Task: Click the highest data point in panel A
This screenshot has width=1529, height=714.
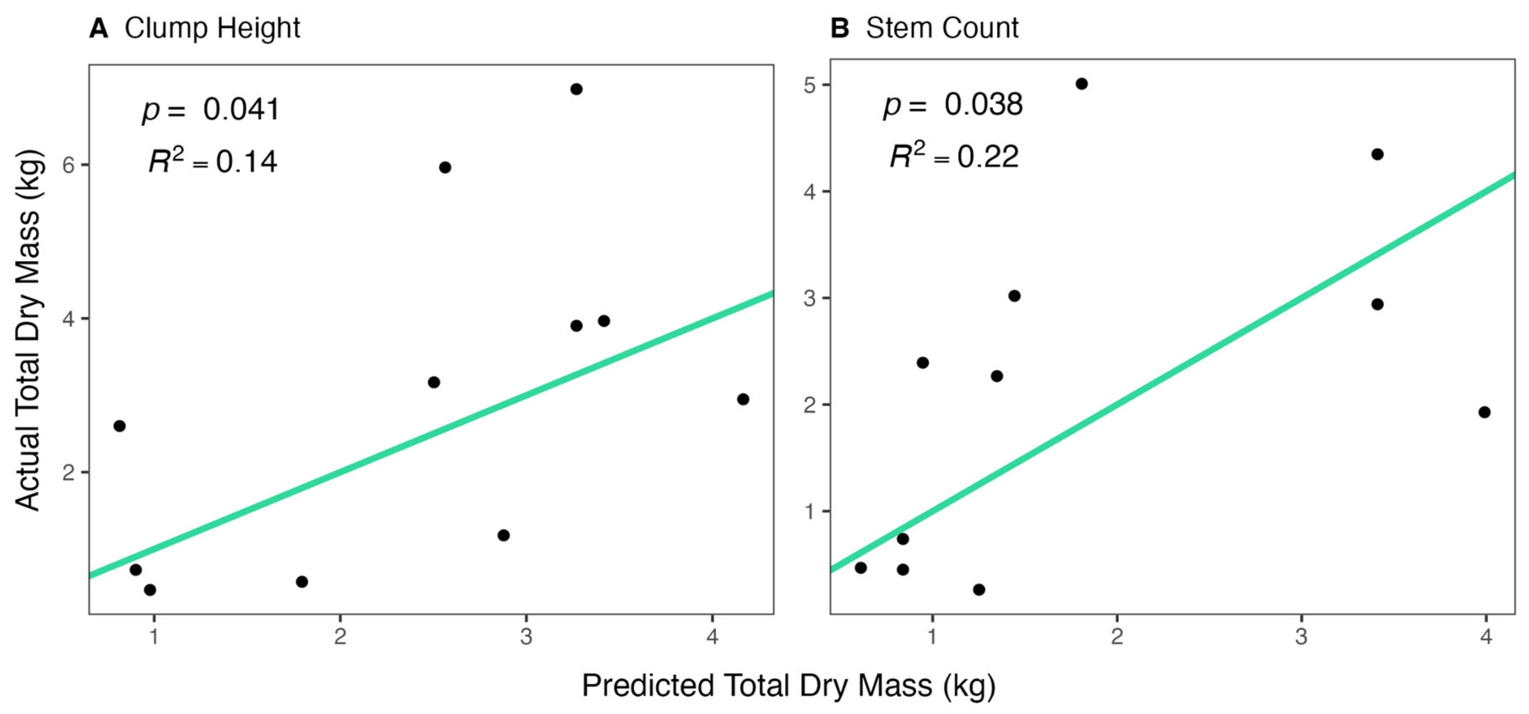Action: click(576, 89)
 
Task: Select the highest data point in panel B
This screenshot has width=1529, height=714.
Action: click(1081, 84)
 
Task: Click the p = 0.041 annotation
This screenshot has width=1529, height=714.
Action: click(211, 110)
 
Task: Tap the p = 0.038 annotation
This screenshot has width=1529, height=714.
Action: click(952, 105)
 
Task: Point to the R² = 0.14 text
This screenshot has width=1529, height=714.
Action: click(213, 161)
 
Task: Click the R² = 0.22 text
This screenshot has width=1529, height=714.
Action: click(954, 157)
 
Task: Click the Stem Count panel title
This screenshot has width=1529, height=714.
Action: click(942, 28)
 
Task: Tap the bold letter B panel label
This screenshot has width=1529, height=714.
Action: click(840, 28)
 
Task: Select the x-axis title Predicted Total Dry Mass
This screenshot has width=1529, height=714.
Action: click(788, 685)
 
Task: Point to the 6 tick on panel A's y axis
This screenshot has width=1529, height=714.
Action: click(69, 165)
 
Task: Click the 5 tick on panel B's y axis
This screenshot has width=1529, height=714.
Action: click(810, 85)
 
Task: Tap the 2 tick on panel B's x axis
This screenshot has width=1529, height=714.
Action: click(1117, 637)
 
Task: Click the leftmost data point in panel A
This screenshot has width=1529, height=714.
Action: click(119, 426)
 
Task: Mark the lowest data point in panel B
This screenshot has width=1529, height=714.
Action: click(979, 589)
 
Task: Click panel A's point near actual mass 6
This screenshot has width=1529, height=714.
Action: click(445, 167)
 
